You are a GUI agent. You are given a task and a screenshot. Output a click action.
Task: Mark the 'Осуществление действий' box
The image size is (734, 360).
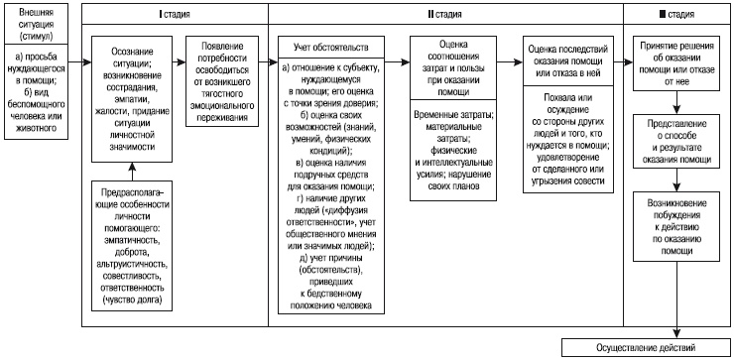(646, 346)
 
